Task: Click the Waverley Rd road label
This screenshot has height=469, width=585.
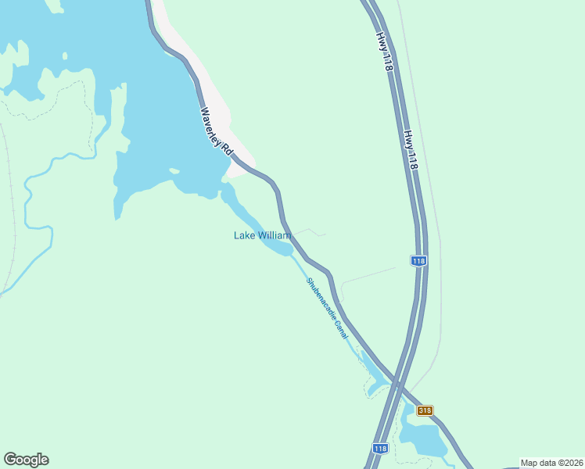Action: (217, 131)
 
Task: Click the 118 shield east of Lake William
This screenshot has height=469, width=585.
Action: (418, 261)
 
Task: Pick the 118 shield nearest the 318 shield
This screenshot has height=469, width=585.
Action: (380, 449)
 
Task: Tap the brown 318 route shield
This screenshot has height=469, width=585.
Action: (425, 410)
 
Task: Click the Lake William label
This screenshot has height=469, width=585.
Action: (262, 235)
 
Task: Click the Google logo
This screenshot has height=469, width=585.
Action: (26, 460)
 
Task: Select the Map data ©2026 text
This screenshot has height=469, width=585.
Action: (551, 463)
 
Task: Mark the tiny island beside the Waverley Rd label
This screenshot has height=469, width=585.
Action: (174, 170)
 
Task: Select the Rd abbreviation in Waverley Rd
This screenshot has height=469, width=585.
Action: (227, 148)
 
